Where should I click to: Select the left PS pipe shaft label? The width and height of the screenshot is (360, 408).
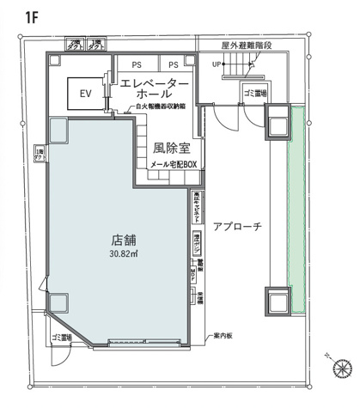(137, 64)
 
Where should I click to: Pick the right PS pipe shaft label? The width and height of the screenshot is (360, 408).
(173, 64)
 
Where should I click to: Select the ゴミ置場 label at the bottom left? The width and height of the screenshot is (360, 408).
(62, 337)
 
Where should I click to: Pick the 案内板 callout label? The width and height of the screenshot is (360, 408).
(225, 335)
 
